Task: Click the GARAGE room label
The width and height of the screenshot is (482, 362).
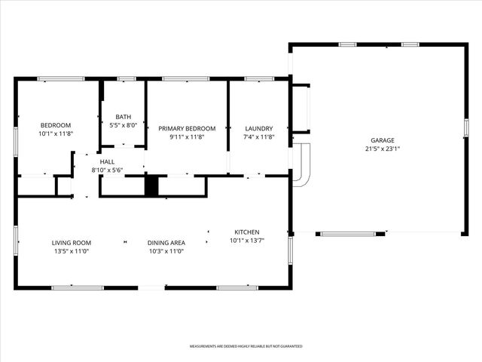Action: pyautogui.click(x=382, y=140)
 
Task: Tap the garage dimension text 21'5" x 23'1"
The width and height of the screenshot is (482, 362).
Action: pyautogui.click(x=382, y=149)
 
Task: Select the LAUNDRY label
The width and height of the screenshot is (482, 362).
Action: pyautogui.click(x=258, y=128)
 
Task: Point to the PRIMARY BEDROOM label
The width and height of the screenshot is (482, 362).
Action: pyautogui.click(x=187, y=128)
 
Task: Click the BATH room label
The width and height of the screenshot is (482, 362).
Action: pyautogui.click(x=124, y=116)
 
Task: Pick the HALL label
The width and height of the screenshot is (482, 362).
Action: pyautogui.click(x=107, y=161)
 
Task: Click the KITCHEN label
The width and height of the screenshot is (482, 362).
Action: pyautogui.click(x=247, y=232)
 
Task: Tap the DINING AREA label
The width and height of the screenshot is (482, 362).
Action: pyautogui.click(x=167, y=243)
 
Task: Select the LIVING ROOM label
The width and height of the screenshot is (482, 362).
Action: pyautogui.click(x=71, y=243)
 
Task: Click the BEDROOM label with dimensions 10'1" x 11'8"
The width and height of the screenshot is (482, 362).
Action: pyautogui.click(x=56, y=125)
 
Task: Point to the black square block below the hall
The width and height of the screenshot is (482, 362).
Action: pyautogui.click(x=151, y=186)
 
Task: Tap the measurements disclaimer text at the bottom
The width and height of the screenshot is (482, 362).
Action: pyautogui.click(x=246, y=346)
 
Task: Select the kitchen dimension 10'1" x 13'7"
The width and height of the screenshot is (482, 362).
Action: pyautogui.click(x=247, y=241)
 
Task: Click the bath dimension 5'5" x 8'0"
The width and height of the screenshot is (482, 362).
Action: pyautogui.click(x=124, y=125)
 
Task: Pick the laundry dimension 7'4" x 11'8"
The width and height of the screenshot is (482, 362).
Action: pyautogui.click(x=258, y=137)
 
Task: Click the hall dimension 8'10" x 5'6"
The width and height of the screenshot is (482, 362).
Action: pyautogui.click(x=107, y=170)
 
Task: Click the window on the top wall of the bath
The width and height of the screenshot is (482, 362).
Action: pyautogui.click(x=127, y=78)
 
